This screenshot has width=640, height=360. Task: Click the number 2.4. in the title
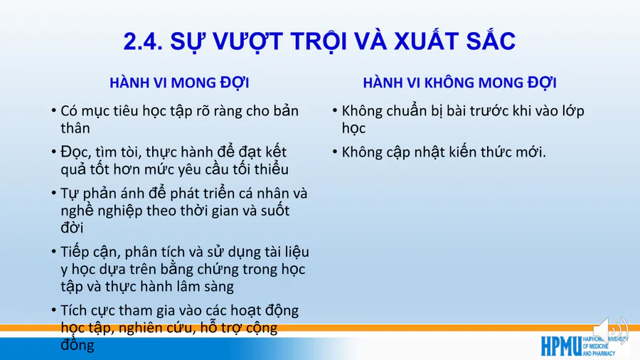coord(143,41)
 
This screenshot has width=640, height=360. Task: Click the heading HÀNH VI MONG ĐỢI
coord(179,83)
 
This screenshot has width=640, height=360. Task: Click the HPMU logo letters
coord(561,346)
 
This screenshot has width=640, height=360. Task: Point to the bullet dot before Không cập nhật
coord(335,152)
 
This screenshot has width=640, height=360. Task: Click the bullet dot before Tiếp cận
coord(54,252)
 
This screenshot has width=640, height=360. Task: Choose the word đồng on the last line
coord(78,345)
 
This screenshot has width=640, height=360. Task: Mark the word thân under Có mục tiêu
coord(75,128)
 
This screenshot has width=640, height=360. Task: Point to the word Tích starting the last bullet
coord(73,311)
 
